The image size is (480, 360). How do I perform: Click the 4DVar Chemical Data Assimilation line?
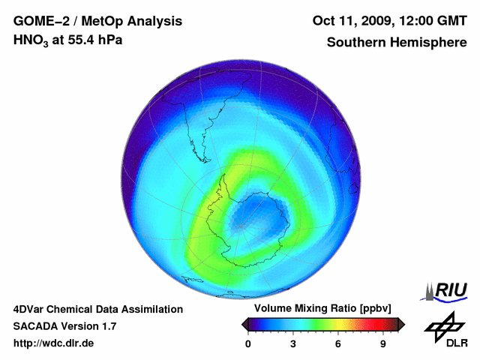(98, 309)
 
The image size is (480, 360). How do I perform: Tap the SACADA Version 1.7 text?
(64, 326)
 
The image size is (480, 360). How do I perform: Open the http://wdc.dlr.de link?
(54, 343)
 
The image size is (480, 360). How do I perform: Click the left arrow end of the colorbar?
(244, 324)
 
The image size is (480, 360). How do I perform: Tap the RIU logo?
(447, 290)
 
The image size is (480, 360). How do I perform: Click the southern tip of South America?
(203, 159)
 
